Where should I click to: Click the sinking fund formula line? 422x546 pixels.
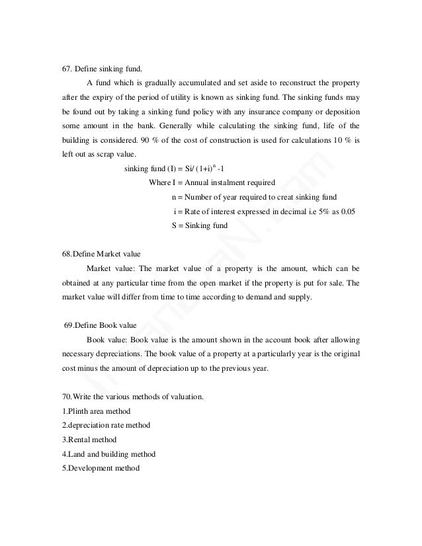(175, 169)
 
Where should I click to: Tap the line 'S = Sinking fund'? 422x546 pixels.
(199, 225)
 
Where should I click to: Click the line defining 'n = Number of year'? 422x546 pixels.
(253, 197)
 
